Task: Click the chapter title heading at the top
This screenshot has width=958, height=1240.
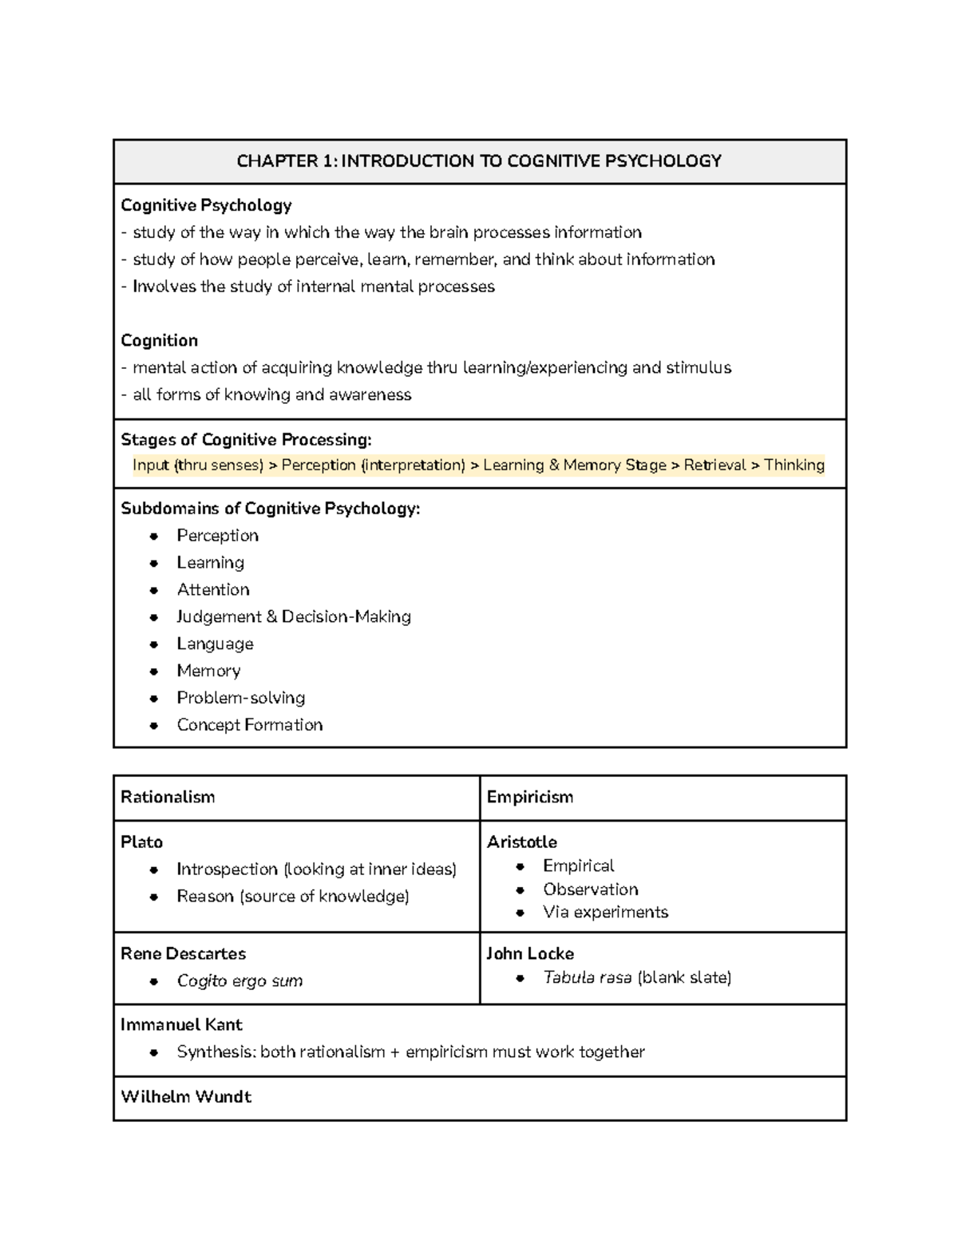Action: (479, 161)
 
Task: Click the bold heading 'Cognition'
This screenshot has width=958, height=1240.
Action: (159, 340)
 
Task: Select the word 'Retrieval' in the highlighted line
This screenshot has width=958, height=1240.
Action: (715, 465)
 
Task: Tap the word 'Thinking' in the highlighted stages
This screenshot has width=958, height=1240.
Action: (794, 465)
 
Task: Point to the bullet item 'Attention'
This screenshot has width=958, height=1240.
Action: (213, 589)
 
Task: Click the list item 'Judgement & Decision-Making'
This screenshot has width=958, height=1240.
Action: (294, 616)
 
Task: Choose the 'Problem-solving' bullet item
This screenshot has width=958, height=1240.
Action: (241, 698)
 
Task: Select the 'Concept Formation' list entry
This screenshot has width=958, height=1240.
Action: (250, 725)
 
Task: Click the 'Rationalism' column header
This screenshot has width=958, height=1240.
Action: (168, 797)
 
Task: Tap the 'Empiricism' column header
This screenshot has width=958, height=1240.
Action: (530, 797)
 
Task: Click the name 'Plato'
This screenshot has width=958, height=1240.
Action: (141, 842)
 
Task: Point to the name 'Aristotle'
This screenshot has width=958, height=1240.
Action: (522, 842)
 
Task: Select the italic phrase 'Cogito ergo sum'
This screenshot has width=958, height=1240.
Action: (239, 981)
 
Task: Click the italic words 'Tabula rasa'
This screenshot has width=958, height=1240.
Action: (588, 977)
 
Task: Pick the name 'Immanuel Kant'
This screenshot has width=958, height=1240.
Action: (181, 1024)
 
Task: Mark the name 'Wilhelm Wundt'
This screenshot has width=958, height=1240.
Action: (186, 1096)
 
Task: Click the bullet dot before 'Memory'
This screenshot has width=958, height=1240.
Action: (155, 671)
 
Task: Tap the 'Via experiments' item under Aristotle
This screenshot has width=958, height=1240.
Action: (605, 912)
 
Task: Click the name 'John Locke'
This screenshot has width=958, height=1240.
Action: (530, 953)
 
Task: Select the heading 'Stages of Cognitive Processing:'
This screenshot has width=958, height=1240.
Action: (246, 439)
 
